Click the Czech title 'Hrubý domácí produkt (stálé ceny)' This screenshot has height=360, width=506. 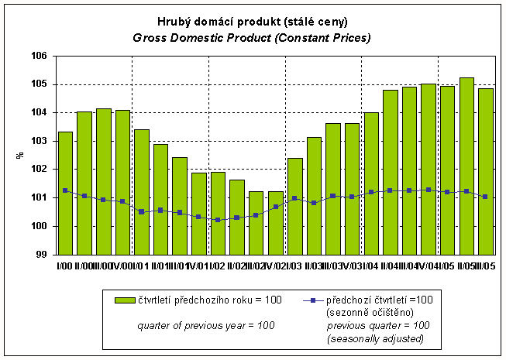[252, 22]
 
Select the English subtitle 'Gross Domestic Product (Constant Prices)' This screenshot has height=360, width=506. [252, 37]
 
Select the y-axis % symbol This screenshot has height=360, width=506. [20, 155]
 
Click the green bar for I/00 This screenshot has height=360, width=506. [65, 194]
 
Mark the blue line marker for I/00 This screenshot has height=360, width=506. [65, 190]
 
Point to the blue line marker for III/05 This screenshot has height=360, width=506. [486, 197]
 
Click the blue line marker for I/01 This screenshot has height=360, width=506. [142, 211]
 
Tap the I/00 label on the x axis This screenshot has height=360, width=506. [64, 265]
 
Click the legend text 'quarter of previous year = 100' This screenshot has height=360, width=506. [206, 326]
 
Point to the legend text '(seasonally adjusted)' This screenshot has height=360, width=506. [377, 338]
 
